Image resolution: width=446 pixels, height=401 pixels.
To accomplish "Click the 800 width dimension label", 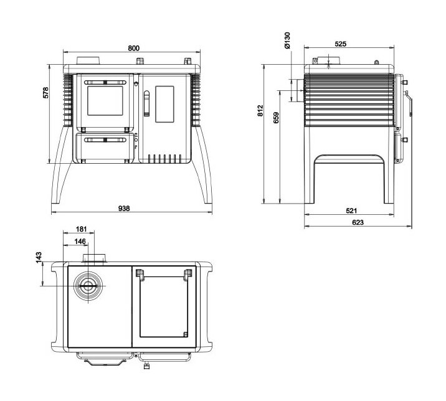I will click(x=133, y=48).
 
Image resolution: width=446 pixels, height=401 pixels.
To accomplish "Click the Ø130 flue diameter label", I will click(x=287, y=40).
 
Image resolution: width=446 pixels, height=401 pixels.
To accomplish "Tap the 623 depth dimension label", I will click(x=358, y=222).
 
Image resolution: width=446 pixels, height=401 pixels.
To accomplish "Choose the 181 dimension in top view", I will click(x=80, y=230).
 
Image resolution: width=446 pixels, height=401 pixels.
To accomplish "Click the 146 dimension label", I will click(x=80, y=241).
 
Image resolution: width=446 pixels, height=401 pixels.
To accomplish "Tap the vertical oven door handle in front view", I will click(x=147, y=103).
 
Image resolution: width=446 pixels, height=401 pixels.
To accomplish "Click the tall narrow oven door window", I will click(x=164, y=104).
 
